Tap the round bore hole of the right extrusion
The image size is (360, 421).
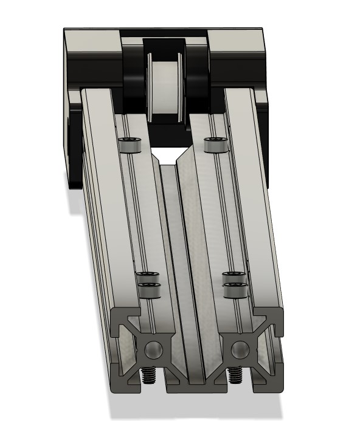(240, 349)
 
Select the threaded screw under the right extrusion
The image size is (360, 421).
(234, 377)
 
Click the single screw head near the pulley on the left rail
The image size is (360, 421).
(130, 146)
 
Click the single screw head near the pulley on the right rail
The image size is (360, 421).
(215, 145)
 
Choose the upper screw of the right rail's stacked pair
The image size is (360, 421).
(234, 276)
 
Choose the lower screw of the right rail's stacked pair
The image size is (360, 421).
(235, 290)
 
